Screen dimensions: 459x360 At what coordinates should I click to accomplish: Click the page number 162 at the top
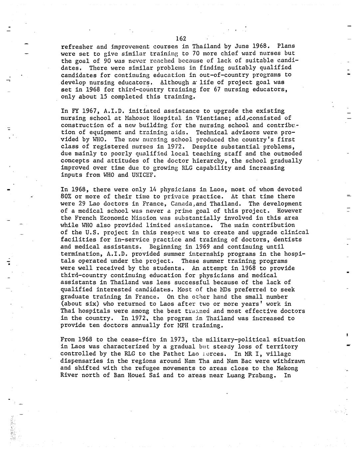coord(181,39)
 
